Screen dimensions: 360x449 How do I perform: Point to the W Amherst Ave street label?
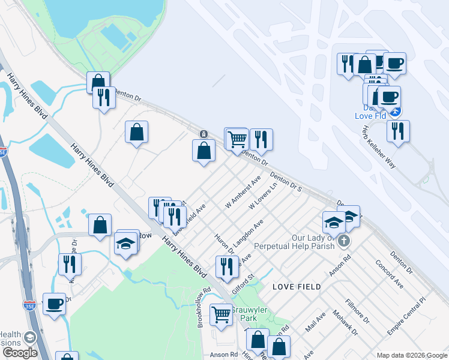pyautogui.click(x=243, y=192)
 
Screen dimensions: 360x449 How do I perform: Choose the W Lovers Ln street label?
pyautogui.click(x=264, y=197)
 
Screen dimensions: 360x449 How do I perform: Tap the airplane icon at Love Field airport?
pyautogui.click(x=394, y=112)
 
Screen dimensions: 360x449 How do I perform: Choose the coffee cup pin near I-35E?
pyautogui.click(x=54, y=304)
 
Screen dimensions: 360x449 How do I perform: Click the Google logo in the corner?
pyautogui.click(x=20, y=353)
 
